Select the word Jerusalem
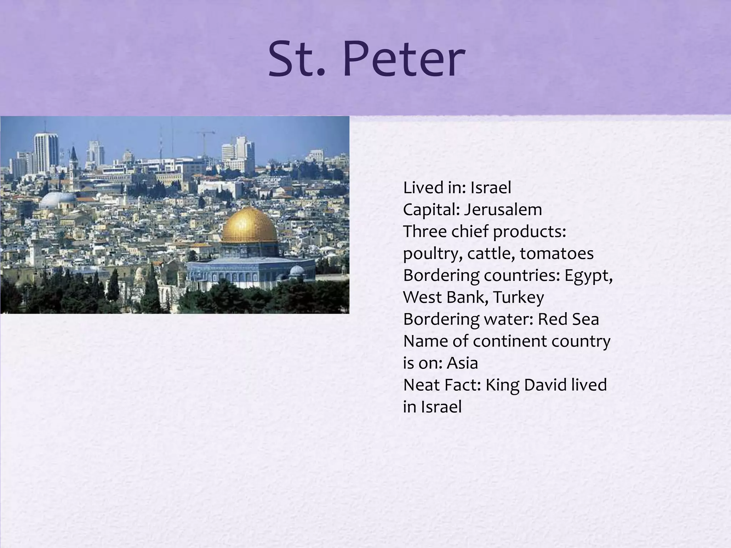pos(503,210)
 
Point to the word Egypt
pos(588,276)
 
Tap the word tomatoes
pos(556,254)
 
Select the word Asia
pos(462,363)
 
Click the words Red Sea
pos(568,319)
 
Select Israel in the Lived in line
pos(490,188)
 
